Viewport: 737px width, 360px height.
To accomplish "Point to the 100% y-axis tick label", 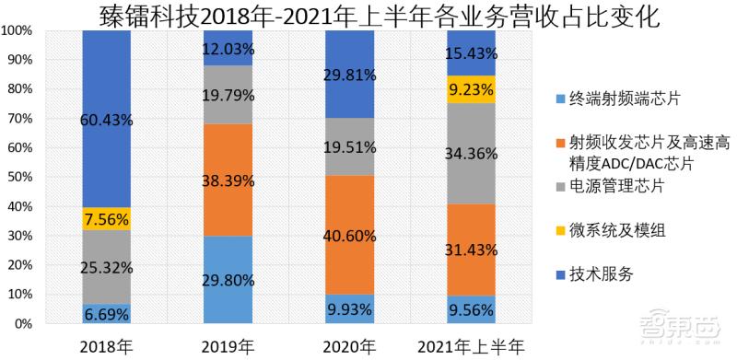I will click(18, 29).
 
